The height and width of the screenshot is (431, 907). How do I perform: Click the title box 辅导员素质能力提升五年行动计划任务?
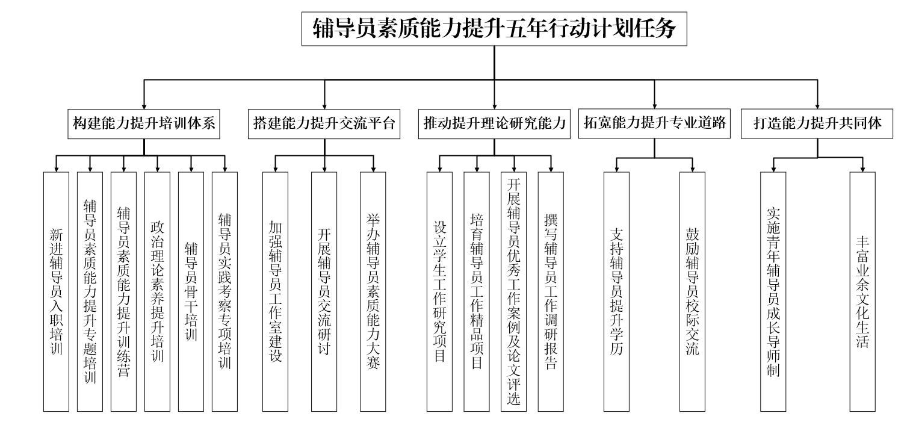pos(494,29)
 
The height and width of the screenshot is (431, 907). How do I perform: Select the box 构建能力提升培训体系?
pos(144,123)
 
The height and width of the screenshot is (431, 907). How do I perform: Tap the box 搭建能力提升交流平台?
pos(324,123)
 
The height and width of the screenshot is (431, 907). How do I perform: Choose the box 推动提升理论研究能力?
pos(494,123)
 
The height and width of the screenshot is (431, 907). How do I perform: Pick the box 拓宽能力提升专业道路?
pos(654,123)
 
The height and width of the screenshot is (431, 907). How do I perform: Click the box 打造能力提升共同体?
pos(817,123)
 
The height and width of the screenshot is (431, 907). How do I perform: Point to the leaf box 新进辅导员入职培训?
pos(57,291)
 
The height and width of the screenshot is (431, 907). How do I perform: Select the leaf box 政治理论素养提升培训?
pos(158,291)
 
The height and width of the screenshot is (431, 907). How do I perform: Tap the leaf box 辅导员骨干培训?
pos(191,291)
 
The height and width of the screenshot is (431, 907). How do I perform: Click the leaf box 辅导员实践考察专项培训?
pos(225,291)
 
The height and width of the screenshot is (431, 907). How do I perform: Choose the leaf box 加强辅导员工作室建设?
pos(276,291)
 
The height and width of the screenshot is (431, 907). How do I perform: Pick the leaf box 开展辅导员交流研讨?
pos(324,291)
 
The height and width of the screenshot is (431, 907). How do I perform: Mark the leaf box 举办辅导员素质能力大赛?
pos(373,291)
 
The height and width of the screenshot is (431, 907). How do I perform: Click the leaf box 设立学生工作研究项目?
pos(440,291)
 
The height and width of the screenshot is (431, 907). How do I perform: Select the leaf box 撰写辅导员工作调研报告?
pos(551,291)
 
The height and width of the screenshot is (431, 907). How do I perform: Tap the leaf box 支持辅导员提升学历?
pos(616,291)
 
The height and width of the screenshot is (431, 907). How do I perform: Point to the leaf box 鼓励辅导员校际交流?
pos(692,291)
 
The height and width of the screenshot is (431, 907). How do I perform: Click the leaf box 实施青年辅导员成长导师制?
pos(773,291)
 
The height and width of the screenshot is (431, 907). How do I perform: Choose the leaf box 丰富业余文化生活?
pos(862,291)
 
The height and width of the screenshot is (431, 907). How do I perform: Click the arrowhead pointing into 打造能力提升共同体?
pos(817,105)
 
